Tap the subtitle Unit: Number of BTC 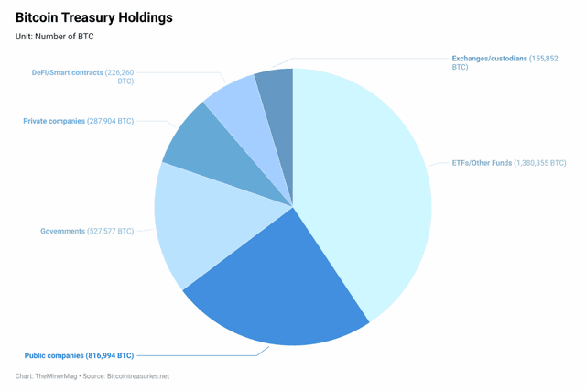[x=54, y=37]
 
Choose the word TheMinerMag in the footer [x=57, y=376]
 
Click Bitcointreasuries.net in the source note [x=138, y=376]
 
